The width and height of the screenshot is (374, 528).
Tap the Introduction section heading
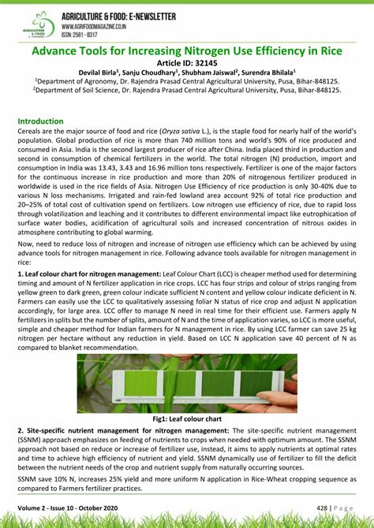tap(40, 121)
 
